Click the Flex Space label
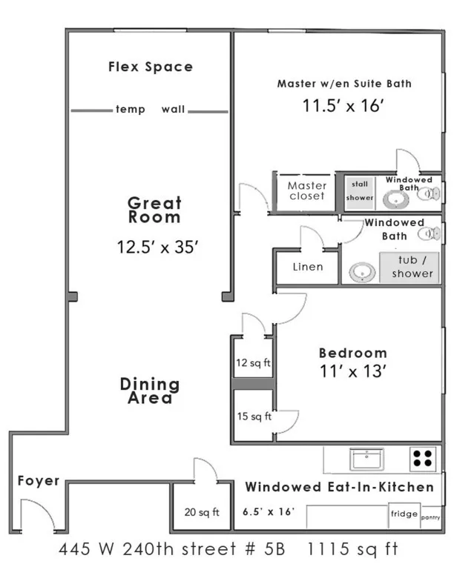151,67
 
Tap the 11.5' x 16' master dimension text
342,105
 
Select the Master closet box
306,191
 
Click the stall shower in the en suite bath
359,191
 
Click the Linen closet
307,267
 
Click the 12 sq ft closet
253,363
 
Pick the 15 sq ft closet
253,417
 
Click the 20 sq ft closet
202,511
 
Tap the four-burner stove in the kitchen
423,459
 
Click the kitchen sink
365,459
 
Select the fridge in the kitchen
404,514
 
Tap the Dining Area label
150,391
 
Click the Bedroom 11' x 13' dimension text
354,372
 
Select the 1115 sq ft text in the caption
353,550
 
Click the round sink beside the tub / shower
361,271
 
